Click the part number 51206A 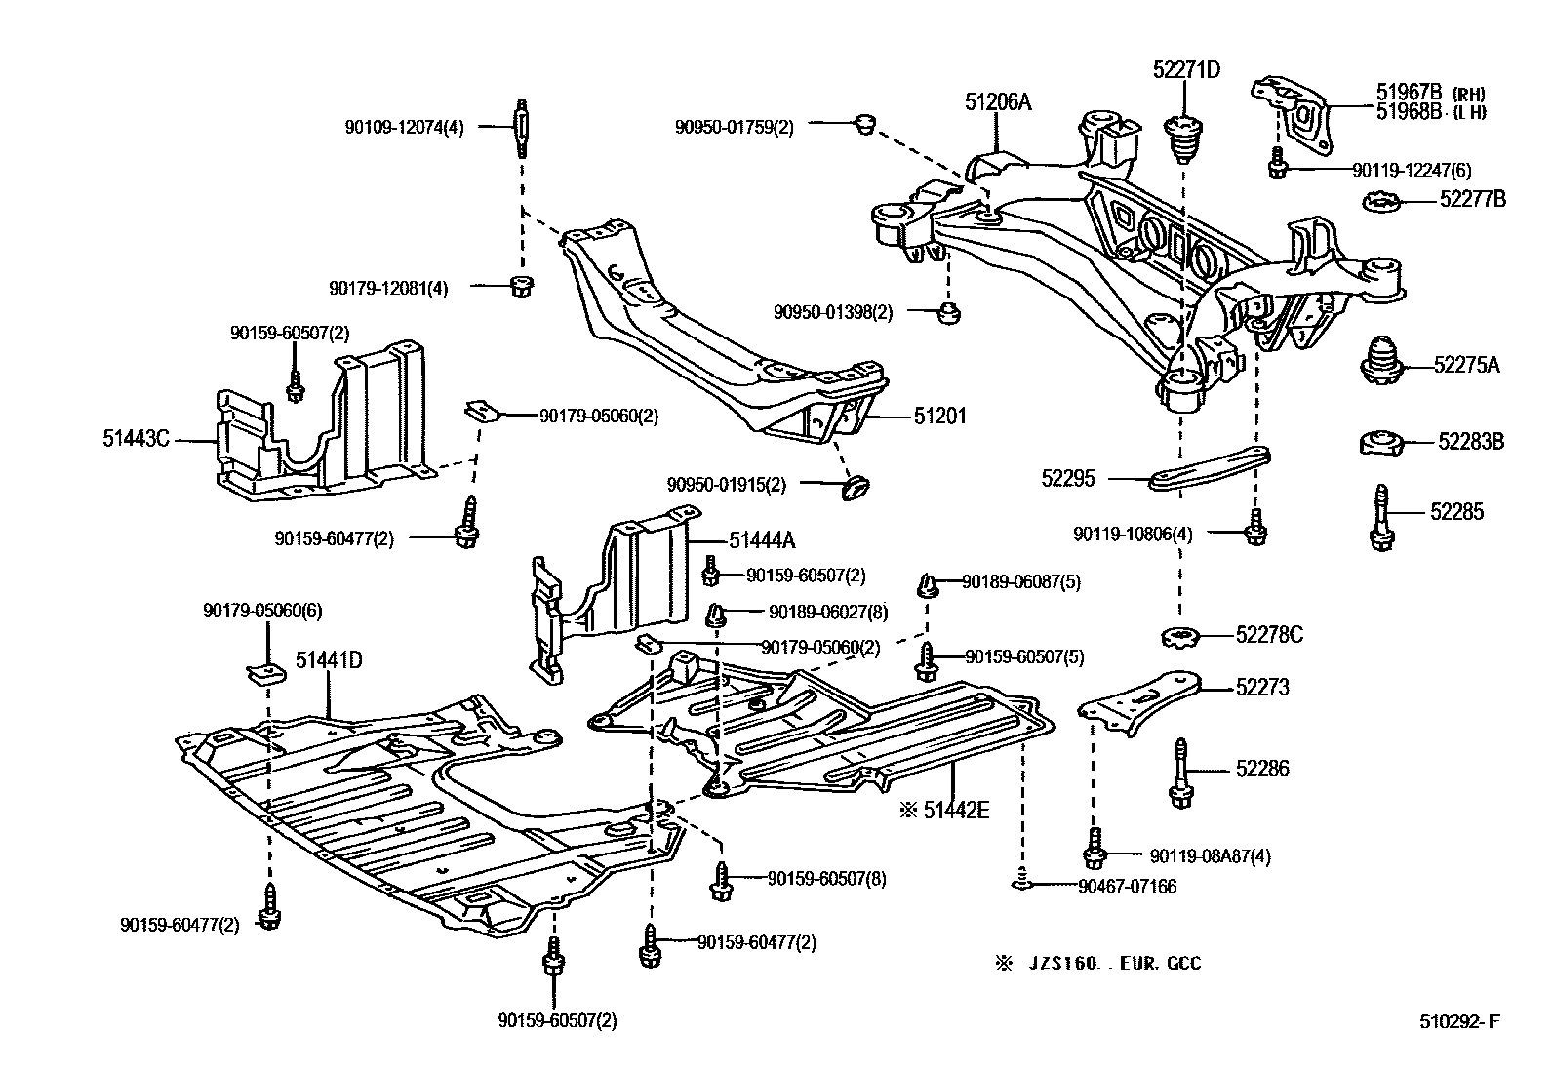click(x=998, y=100)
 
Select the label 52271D click(x=1186, y=69)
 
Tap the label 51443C click(x=136, y=439)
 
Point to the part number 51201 click(x=939, y=417)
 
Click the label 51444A click(x=761, y=539)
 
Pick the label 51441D click(x=329, y=660)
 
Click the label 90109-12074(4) click(x=404, y=127)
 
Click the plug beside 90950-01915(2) click(x=856, y=485)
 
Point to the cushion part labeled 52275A click(x=1381, y=363)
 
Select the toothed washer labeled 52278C click(x=1181, y=639)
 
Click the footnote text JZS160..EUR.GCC click(x=1112, y=964)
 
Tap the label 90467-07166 click(x=1128, y=887)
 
